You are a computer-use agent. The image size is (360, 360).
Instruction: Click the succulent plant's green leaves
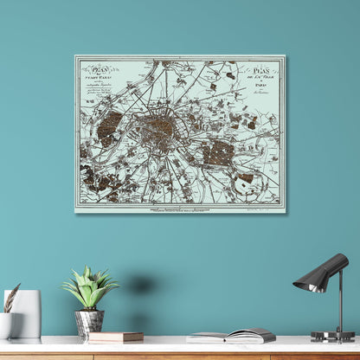click(x=89, y=290)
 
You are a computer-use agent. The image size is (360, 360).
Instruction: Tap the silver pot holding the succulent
click(x=88, y=323)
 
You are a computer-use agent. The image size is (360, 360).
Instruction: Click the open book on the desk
click(x=232, y=336)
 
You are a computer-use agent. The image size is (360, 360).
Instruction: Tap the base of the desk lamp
click(x=332, y=336)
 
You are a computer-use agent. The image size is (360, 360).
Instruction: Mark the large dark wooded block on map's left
click(x=109, y=127)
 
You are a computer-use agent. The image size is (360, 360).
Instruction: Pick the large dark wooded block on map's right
click(x=218, y=153)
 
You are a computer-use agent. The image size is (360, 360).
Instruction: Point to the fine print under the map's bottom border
click(x=180, y=208)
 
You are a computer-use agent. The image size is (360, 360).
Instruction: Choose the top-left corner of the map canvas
click(x=75, y=56)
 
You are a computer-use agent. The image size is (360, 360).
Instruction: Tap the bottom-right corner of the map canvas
click(x=285, y=212)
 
